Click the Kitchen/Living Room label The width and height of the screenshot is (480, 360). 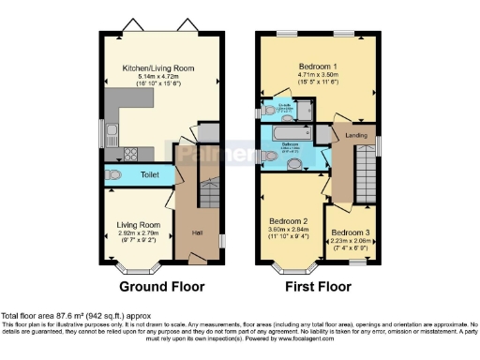coord(144,67)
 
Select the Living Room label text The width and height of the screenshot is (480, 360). coord(138,225)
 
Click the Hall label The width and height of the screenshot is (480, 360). coord(196,232)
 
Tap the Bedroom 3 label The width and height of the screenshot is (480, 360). coord(350,232)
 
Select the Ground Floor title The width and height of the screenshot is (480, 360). coord(160,287)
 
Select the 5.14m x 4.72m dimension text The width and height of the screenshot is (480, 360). coord(144,76)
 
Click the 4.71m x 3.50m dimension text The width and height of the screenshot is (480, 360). coord(319,77)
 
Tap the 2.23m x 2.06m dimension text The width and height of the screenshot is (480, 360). coord(350,240)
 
